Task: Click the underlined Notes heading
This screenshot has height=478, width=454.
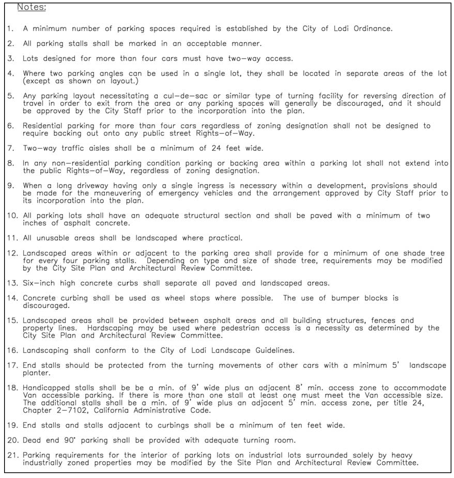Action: [31, 7]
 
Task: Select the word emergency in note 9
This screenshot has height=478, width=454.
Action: [179, 193]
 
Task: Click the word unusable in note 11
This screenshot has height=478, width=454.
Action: [53, 238]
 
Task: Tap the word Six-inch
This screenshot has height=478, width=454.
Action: [39, 283]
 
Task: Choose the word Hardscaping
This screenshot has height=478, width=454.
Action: [110, 328]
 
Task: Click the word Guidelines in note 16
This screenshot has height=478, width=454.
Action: [275, 351]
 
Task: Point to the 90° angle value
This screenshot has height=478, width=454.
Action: [70, 440]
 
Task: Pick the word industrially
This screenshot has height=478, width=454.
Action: [43, 463]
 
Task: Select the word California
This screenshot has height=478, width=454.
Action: [111, 410]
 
